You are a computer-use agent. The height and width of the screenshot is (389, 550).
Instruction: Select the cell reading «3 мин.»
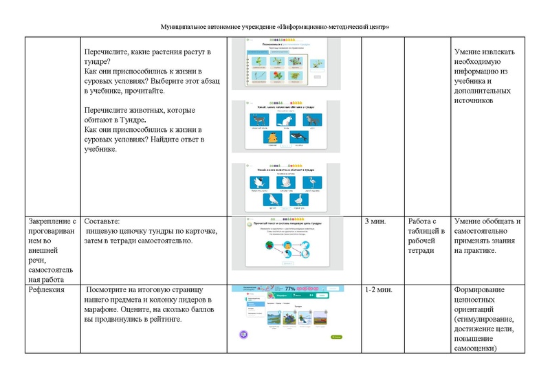tap(375, 221)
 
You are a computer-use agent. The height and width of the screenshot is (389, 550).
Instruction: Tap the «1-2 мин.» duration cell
tap(379, 291)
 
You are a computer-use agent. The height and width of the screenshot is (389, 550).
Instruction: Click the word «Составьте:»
tap(101, 222)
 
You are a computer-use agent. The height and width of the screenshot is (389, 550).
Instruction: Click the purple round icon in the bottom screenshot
tap(243, 334)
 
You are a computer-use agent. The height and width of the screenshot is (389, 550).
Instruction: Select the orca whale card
tap(298, 137)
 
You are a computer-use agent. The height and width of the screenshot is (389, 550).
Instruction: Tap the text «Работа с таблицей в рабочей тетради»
tap(426, 236)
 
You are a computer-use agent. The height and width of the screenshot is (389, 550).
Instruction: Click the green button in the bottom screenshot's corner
tap(336, 337)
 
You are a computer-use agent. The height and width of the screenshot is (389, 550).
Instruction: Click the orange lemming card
tap(272, 137)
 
